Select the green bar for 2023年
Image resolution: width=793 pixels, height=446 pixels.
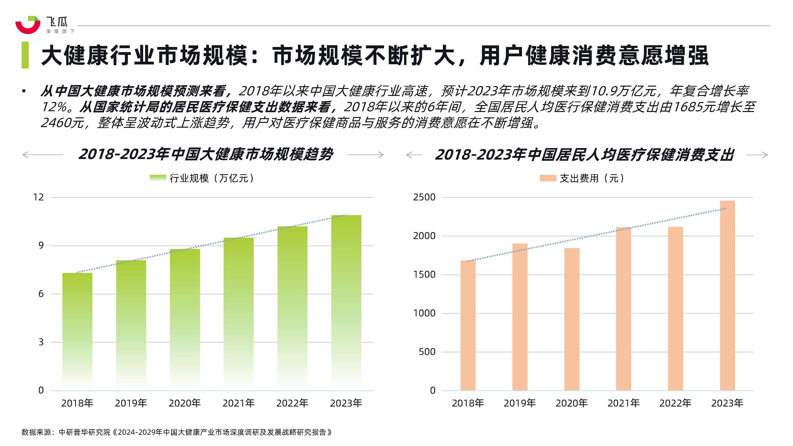[346, 302]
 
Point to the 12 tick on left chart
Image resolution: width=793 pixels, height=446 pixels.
[38, 197]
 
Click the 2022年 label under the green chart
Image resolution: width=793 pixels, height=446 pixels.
[292, 403]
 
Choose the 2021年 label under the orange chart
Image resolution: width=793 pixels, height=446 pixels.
[623, 403]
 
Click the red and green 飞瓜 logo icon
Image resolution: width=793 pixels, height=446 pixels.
[28, 25]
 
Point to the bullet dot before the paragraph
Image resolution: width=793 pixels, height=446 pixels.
[24, 91]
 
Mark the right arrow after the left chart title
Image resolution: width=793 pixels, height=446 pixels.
[366, 155]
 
